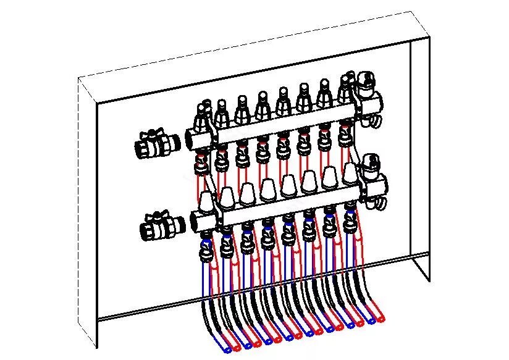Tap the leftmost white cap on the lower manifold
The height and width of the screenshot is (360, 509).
206,201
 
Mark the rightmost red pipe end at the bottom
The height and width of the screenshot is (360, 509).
383,319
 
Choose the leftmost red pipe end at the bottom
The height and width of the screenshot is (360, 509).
238,346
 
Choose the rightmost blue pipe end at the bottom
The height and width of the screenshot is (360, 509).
371,321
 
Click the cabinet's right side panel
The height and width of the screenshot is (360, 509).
420,154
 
